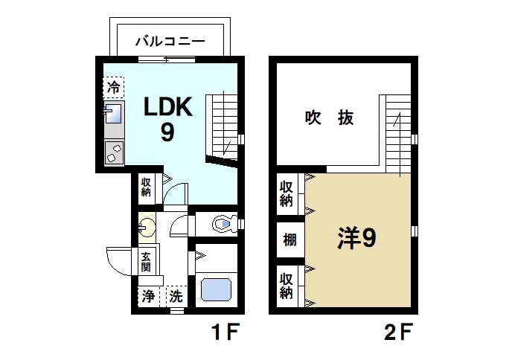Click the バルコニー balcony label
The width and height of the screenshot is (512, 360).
coord(169,42)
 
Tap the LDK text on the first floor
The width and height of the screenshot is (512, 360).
coord(168,107)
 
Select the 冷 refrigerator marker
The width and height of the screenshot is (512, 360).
coord(113,88)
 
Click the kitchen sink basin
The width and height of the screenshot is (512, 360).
coord(113,116)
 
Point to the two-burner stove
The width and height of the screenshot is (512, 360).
coord(114,153)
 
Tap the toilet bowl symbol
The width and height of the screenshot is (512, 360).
coord(223,222)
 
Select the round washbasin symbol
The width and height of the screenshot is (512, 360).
coord(147,227)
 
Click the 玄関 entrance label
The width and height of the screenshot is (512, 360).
coord(146,261)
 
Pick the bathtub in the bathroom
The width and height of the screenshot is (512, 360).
coord(218,289)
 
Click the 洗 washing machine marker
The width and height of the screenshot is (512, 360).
coord(176,295)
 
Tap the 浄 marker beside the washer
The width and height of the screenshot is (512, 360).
coord(148,295)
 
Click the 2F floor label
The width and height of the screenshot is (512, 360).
coord(399,331)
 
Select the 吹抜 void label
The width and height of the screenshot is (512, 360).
coord(328,118)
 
